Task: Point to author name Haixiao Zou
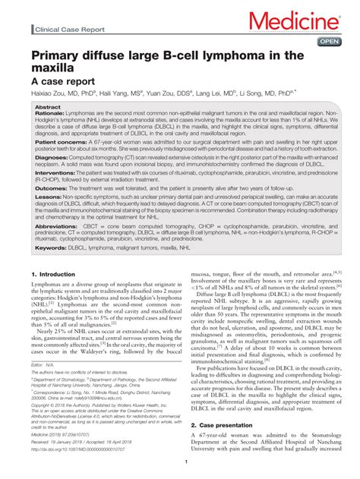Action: point(49,94)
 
